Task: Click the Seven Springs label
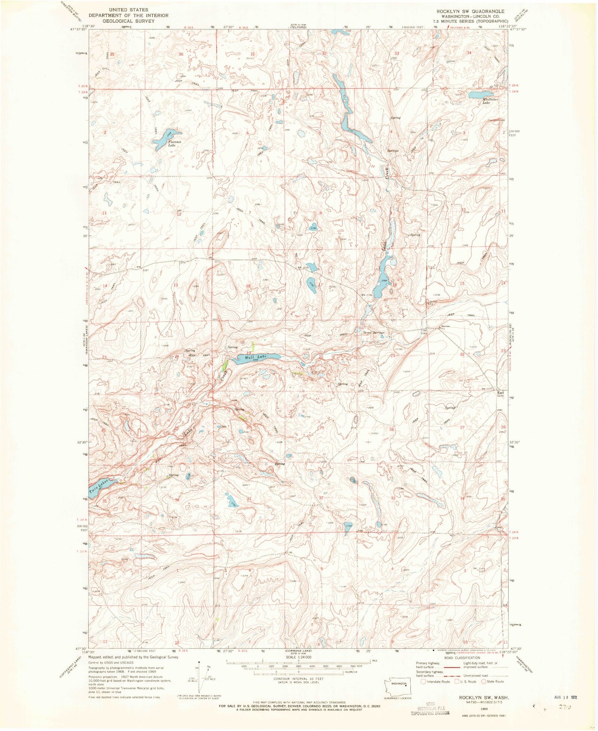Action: click(x=374, y=332)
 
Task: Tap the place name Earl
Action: click(x=500, y=393)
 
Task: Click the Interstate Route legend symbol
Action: click(x=423, y=681)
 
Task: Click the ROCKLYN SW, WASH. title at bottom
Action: click(x=484, y=697)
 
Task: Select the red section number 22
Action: click(x=462, y=354)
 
